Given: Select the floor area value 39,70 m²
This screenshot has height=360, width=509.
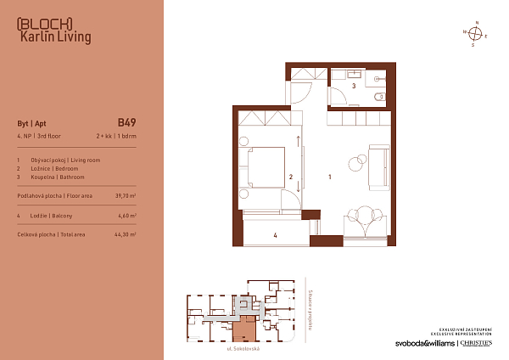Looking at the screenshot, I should [x=126, y=195].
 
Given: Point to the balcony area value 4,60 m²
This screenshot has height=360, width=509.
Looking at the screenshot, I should [x=126, y=217].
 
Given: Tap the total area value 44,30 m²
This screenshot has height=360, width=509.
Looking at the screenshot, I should [x=126, y=233].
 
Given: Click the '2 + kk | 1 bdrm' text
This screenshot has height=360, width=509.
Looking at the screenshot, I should [x=116, y=136].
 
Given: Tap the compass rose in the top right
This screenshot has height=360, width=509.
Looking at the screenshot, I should [x=476, y=34].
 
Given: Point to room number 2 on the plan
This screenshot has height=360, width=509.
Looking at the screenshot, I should [x=291, y=177].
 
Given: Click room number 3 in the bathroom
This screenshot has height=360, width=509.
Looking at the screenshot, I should [x=354, y=87].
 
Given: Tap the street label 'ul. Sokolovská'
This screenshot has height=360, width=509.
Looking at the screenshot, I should [x=242, y=350].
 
